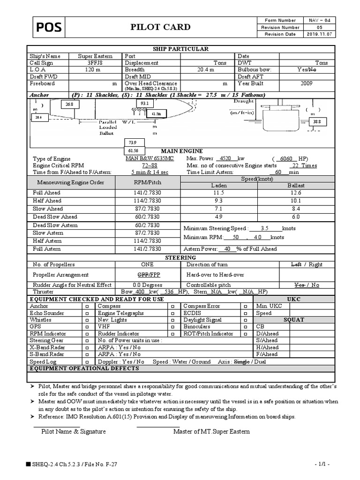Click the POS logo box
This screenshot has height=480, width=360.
(49, 28)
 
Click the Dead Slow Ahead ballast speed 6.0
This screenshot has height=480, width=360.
(295, 217)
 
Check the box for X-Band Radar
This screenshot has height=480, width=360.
(87, 348)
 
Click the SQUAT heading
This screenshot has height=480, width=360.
(294, 320)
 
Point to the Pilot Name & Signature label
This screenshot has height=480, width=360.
(74, 432)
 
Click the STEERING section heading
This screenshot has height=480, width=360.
(180, 258)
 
